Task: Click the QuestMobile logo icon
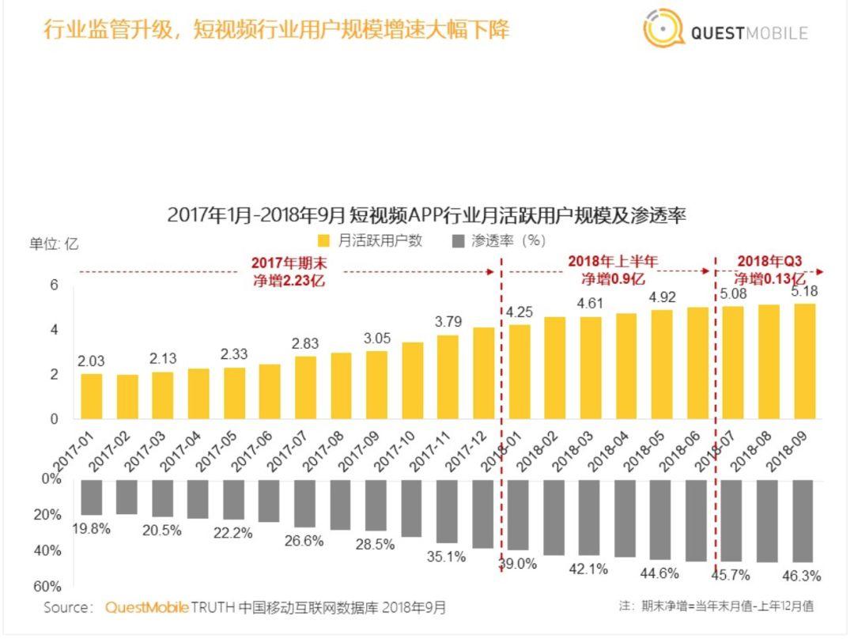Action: (663, 30)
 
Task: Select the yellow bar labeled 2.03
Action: (92, 395)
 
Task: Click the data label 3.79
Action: (448, 322)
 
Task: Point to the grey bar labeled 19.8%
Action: (92, 497)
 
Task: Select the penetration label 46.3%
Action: (801, 575)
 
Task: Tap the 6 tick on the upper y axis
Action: (55, 285)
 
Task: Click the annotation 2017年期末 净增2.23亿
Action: (289, 271)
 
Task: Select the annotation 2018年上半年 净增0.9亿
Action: (613, 270)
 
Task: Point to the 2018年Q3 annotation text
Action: (769, 270)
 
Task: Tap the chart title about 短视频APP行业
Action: (426, 214)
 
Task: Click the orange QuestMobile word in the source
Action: (147, 607)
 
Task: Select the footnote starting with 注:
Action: (716, 606)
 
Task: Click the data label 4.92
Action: (662, 297)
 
